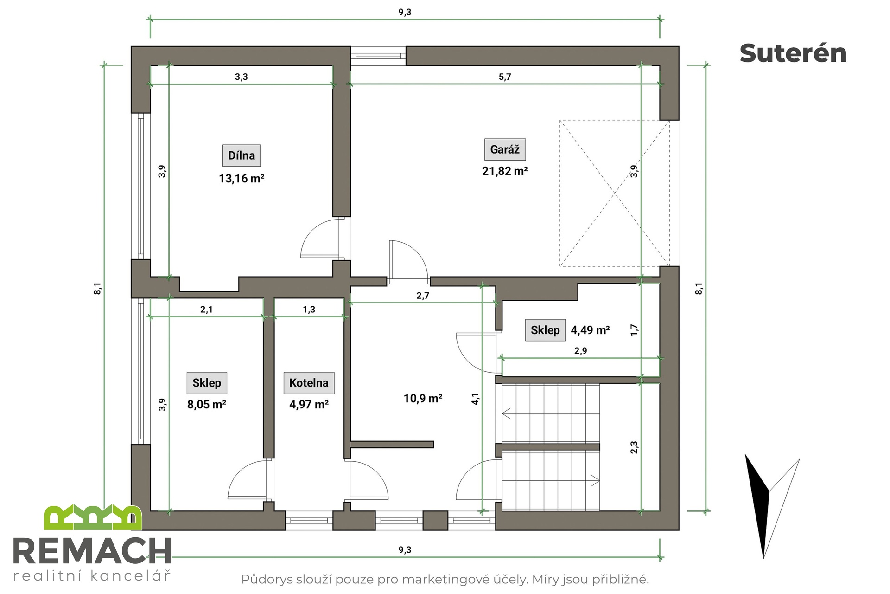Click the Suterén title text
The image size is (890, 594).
793,53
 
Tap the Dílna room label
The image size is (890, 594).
242,155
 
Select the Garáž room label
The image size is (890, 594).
505,149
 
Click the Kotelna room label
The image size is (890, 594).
309,383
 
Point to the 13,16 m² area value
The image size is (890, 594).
242,179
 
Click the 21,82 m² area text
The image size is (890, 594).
505,171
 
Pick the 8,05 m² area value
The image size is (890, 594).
207,404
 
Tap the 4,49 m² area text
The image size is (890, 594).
590,330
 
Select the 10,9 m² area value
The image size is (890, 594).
423,398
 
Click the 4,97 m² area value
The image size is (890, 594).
309,404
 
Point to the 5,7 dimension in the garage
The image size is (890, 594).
505,77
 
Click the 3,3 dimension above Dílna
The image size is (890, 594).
241,77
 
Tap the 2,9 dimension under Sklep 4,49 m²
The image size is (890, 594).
580,351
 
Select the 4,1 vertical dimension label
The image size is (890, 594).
475,399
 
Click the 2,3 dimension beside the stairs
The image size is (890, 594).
634,447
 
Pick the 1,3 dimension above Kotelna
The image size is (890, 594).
309,310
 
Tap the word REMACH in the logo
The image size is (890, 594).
92,552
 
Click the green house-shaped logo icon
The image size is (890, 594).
93,517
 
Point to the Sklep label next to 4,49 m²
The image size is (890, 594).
545,330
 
